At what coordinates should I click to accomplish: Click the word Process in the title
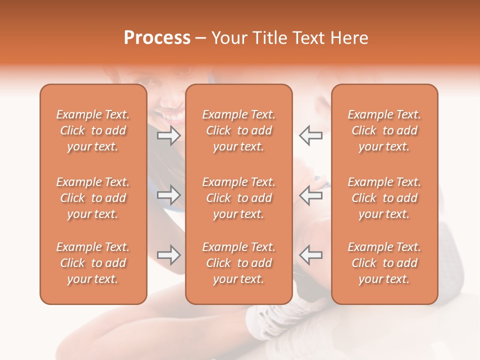point(157,38)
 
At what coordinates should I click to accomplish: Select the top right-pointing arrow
point(169,135)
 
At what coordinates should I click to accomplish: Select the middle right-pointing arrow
point(169,195)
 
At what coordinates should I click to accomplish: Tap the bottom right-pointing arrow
point(169,255)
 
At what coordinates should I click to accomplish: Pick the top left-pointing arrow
point(310,135)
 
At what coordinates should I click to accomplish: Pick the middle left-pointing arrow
point(310,195)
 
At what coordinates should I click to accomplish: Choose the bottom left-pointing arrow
point(310,255)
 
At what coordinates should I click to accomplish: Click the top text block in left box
point(93,130)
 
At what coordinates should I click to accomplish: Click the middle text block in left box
point(93,198)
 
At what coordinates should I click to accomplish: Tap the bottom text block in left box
point(93,263)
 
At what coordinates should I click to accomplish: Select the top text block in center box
point(238,130)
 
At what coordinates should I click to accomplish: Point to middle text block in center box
point(238,198)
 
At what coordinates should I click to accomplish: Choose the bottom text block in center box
point(238,263)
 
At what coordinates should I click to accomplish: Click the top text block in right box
point(384,130)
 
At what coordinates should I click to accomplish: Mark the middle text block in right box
point(384,198)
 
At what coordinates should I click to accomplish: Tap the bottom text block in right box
point(384,263)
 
